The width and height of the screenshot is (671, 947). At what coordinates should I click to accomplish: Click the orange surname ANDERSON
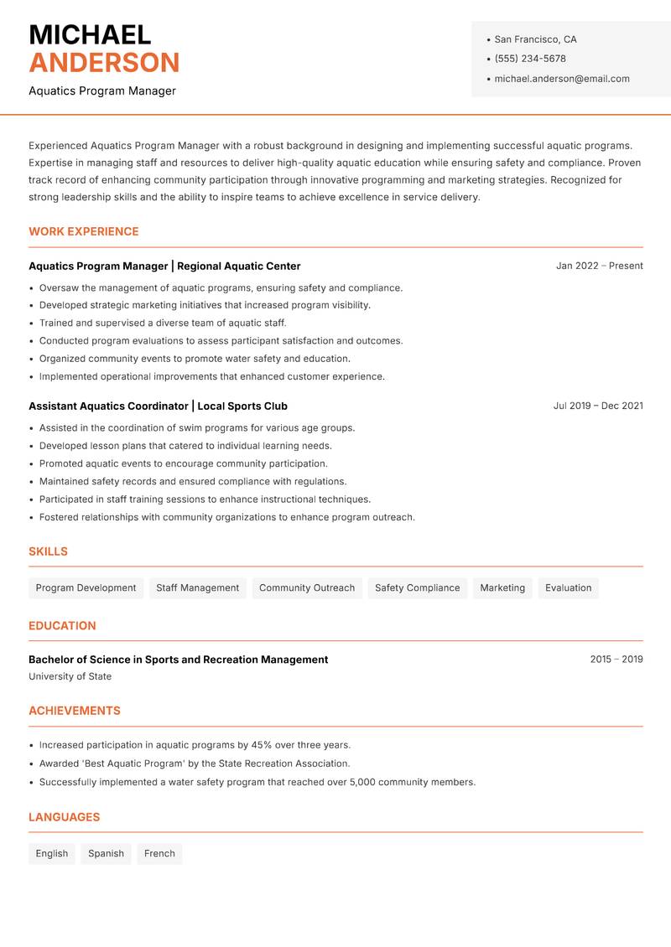104,63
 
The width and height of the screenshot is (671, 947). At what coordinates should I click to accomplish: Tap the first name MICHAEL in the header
90,35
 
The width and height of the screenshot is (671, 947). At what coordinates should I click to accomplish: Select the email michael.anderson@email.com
561,79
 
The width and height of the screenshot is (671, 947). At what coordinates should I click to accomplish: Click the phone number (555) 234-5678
529,59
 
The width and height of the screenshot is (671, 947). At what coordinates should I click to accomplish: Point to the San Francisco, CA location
535,39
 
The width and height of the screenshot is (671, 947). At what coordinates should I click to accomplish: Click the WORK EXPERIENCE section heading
83,231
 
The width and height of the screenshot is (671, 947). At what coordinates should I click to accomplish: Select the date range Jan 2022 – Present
599,266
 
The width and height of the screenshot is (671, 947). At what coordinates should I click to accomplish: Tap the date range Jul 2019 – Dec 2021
597,406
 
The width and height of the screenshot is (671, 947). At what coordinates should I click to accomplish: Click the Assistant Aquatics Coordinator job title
108,406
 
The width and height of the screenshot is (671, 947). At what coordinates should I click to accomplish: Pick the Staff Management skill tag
197,587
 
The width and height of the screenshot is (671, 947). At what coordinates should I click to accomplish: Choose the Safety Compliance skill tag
417,587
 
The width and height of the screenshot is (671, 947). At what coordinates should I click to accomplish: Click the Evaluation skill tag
568,587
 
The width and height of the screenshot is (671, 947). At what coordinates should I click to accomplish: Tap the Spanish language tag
106,853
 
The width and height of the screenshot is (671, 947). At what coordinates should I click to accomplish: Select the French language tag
159,853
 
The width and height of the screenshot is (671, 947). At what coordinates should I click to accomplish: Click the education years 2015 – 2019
616,660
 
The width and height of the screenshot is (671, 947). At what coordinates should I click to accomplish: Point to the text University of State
70,676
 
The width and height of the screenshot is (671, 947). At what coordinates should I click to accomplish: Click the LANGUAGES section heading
64,817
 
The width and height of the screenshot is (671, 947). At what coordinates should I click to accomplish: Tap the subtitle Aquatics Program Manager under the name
102,91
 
